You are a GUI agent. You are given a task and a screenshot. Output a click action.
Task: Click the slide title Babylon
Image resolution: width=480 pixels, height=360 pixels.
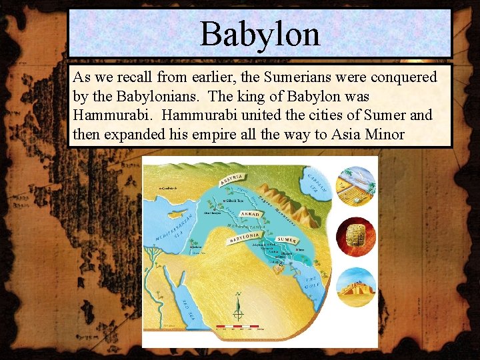(x=260, y=33)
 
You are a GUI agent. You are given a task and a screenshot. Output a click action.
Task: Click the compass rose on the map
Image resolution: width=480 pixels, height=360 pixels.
(x=238, y=309)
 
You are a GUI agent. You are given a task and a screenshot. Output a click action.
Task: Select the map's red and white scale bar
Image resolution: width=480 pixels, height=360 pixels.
(x=241, y=329)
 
